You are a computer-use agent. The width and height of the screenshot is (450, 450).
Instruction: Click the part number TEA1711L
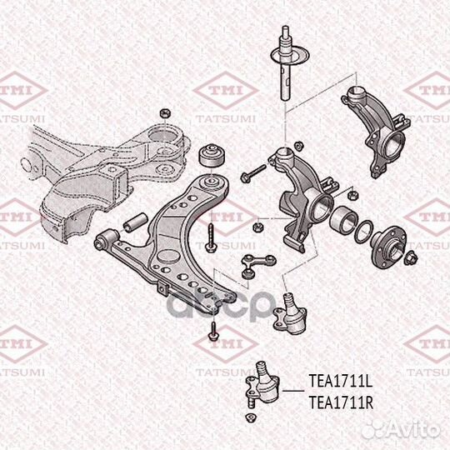click(x=340, y=382)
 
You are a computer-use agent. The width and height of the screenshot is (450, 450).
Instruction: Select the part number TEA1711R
click(x=341, y=402)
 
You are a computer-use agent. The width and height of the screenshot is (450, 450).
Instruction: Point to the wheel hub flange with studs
click(x=388, y=246)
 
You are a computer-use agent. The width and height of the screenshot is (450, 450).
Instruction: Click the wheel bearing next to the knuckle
click(x=343, y=219)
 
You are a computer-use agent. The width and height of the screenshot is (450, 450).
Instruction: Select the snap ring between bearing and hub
click(x=363, y=232)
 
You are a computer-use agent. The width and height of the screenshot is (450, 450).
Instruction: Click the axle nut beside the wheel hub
click(x=411, y=257)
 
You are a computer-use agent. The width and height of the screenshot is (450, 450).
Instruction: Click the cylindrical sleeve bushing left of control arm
click(x=136, y=222)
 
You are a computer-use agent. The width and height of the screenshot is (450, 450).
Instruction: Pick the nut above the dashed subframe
click(x=165, y=112)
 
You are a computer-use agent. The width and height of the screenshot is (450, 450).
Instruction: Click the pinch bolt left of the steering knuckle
click(x=253, y=172)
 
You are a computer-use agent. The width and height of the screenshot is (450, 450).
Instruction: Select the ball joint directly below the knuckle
click(x=291, y=314)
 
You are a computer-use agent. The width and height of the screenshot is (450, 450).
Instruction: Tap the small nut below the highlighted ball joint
click(x=251, y=417)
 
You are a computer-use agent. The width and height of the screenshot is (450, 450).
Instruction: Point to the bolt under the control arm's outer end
click(x=213, y=331)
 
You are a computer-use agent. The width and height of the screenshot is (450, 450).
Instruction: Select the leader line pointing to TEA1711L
click(x=293, y=391)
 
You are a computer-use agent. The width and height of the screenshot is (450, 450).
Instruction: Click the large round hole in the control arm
click(x=167, y=256)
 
